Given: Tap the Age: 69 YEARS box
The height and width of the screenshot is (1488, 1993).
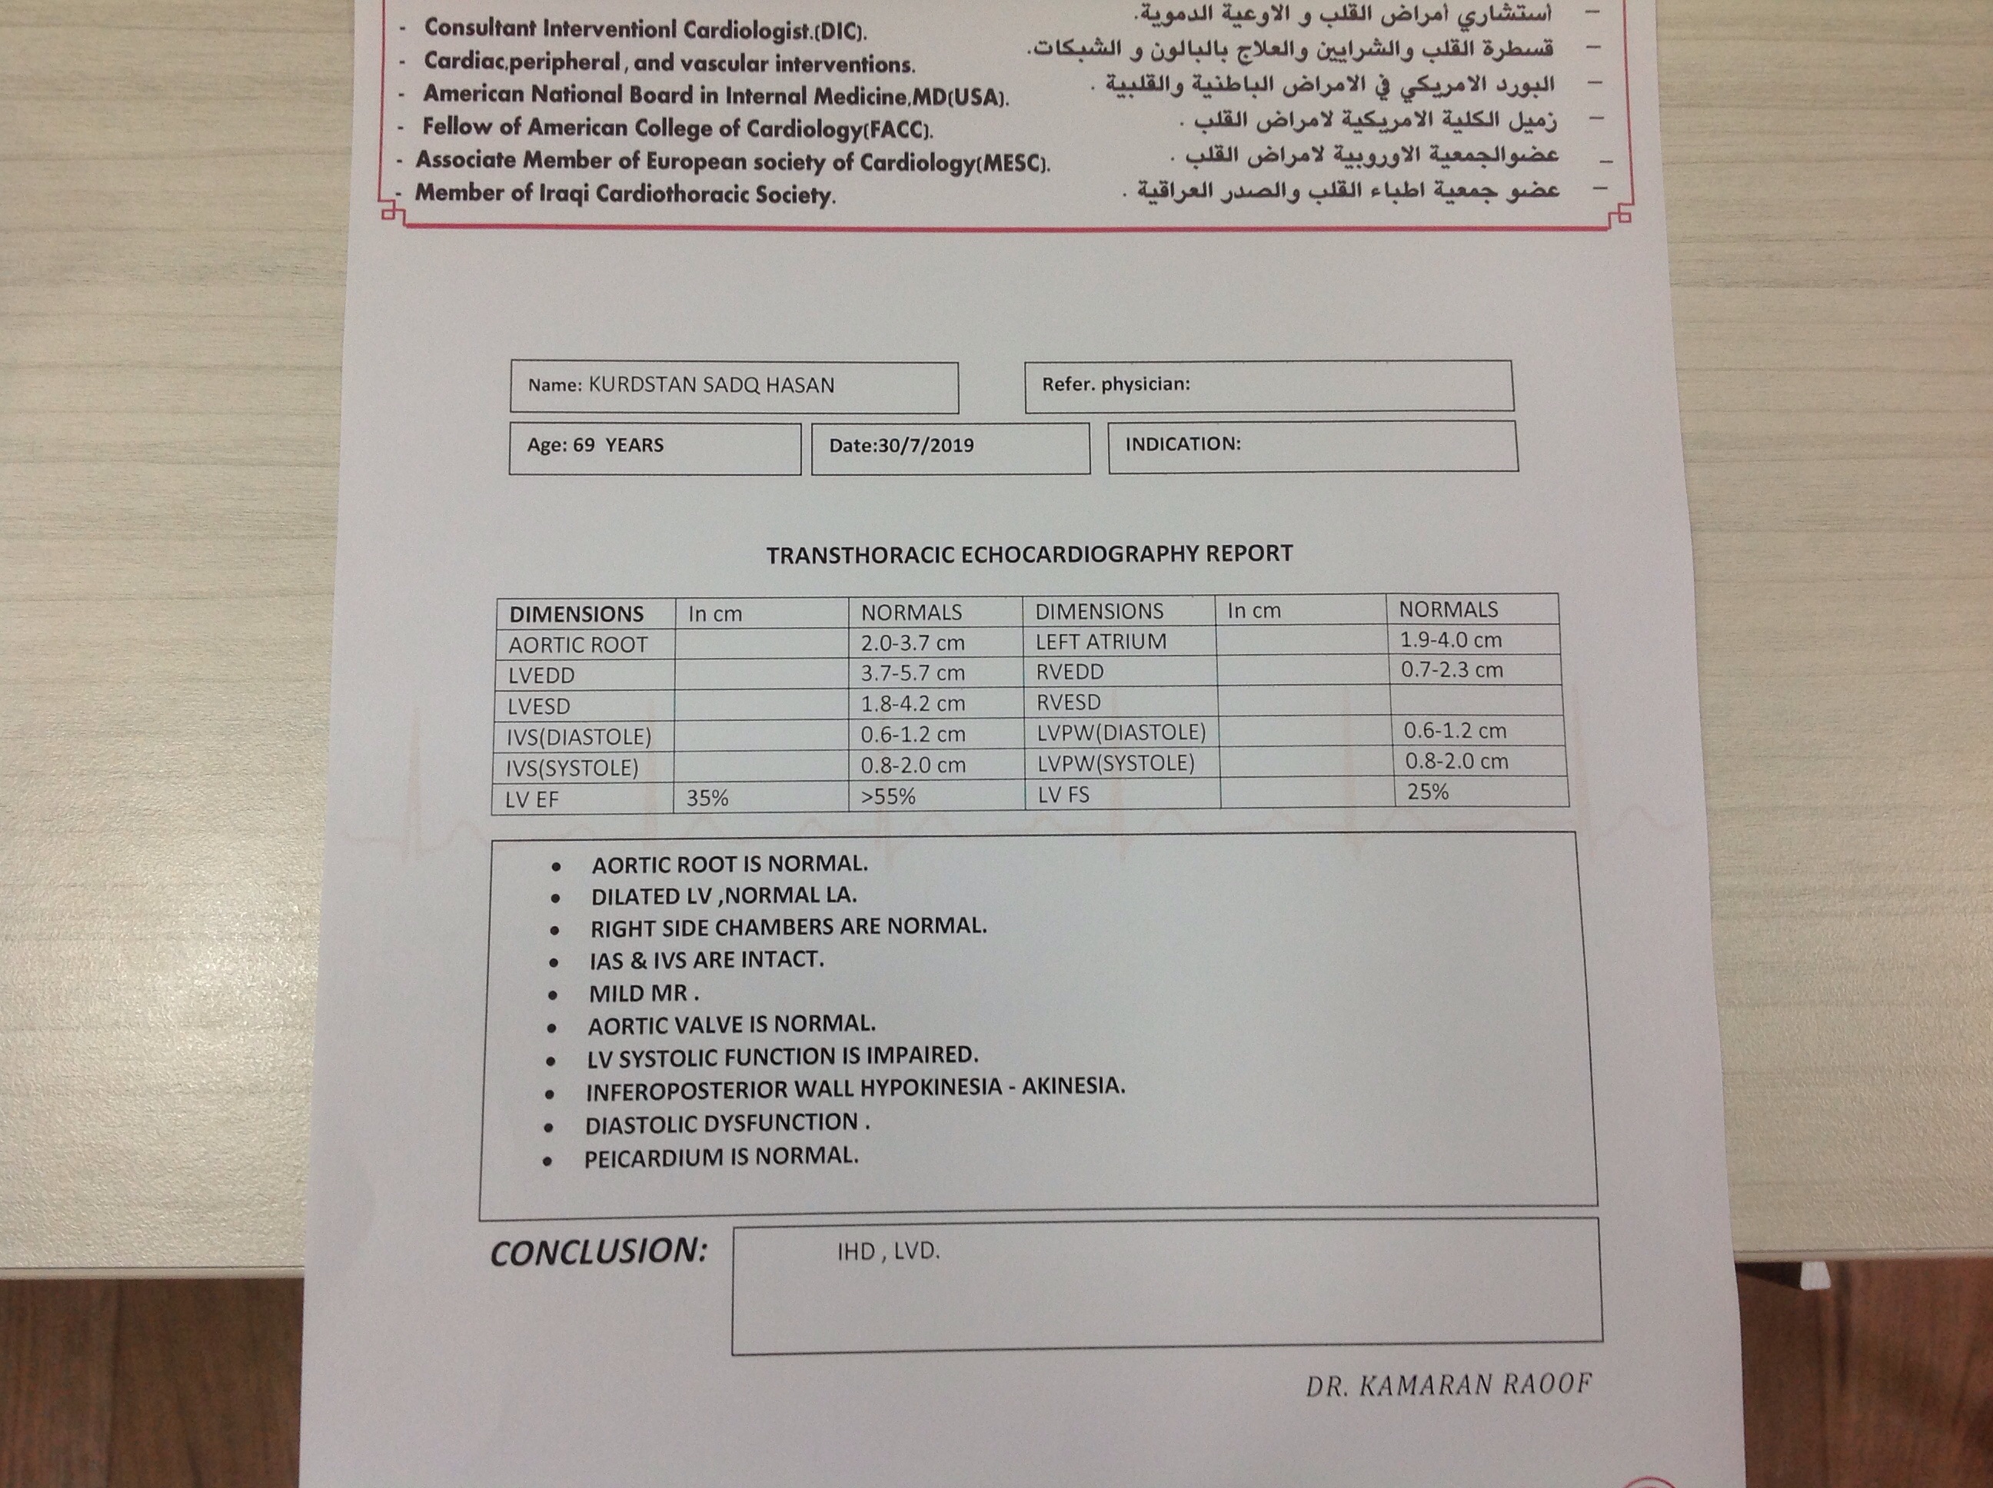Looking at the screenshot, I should coord(596,445).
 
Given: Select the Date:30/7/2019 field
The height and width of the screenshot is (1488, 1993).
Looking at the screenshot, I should coord(901,445).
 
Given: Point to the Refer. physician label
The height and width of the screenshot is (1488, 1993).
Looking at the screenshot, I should coord(1116,384).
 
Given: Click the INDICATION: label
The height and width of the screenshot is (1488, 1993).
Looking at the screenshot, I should coord(1182,444).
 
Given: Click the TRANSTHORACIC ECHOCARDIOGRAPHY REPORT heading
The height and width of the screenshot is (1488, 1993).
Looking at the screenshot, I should coord(1029,554).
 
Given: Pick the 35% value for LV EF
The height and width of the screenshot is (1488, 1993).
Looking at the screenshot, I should coord(707,798).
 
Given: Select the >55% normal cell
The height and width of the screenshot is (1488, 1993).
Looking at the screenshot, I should coord(887,797).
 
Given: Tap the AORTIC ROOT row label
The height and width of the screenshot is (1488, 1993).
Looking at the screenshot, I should coord(577,645).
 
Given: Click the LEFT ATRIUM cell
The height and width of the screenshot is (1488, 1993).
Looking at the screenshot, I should coord(1100,641).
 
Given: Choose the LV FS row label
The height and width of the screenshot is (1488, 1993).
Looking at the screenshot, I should coord(1063,795).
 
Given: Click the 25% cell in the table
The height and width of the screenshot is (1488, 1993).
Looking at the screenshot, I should coord(1427,792).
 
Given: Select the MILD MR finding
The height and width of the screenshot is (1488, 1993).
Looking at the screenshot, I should coord(644,994).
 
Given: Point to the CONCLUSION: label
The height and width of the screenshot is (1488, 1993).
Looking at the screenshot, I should coord(598,1252).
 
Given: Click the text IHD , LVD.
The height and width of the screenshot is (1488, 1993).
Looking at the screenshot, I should coord(887,1252).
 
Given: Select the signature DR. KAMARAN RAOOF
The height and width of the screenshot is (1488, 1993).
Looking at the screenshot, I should coord(1448,1384).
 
